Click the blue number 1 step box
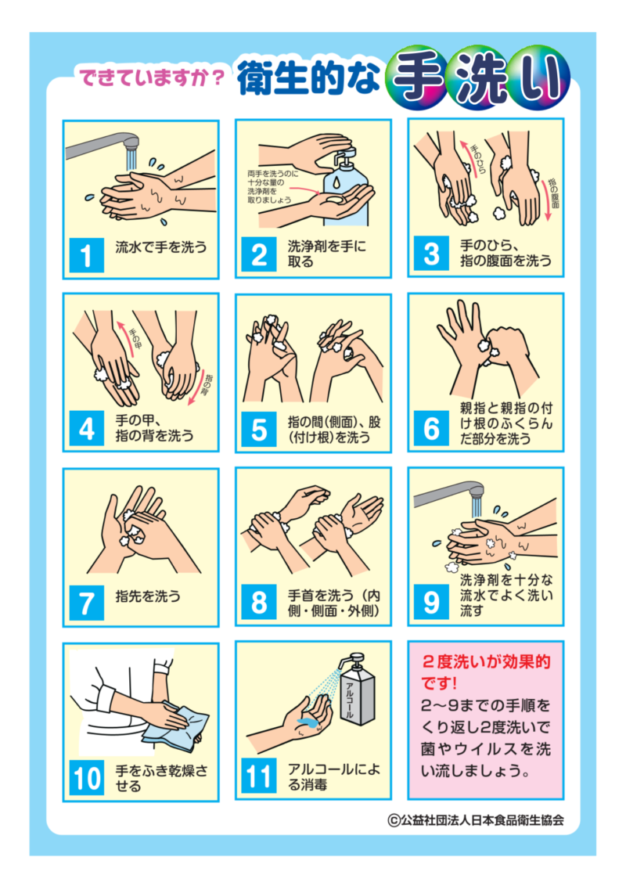(x=86, y=255)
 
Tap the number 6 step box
(x=432, y=428)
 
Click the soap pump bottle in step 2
(x=345, y=186)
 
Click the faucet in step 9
(x=450, y=495)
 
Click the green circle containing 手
(x=416, y=80)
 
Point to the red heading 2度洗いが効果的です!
(x=485, y=672)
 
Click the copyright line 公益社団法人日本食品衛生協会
(x=476, y=820)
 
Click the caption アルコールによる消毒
(x=334, y=777)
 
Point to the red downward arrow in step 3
(x=547, y=208)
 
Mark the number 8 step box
(x=259, y=603)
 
